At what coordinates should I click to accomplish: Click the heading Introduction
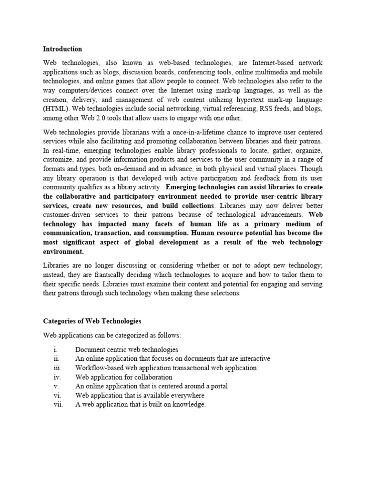[62, 49]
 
